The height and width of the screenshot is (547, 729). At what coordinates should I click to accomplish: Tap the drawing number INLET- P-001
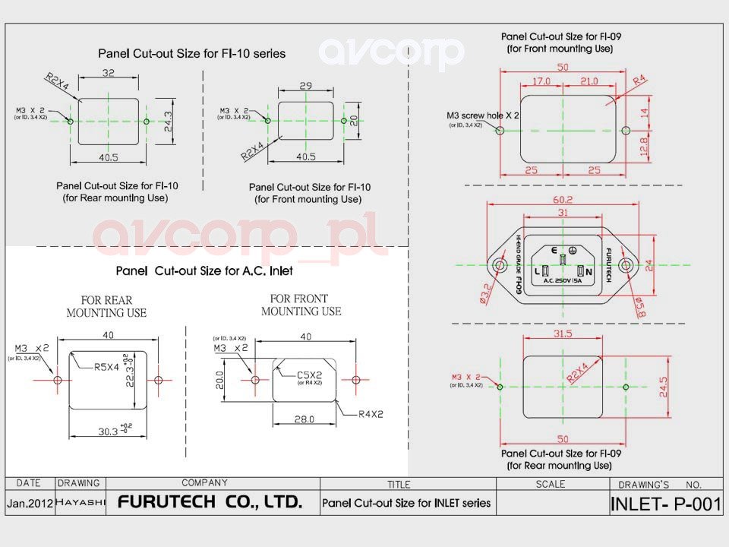click(665, 504)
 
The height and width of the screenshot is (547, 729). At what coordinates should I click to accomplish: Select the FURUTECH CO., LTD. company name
click(210, 502)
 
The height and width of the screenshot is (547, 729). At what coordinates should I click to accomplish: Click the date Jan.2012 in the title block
click(30, 503)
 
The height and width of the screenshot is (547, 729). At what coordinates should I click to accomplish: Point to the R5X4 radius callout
click(107, 367)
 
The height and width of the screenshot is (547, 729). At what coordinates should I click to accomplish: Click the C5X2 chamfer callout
click(310, 374)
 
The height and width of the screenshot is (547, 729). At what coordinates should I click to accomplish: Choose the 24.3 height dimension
click(169, 121)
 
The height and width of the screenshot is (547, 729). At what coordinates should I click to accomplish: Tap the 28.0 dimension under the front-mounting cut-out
click(305, 420)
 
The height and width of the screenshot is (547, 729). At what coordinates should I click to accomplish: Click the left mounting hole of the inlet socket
click(500, 265)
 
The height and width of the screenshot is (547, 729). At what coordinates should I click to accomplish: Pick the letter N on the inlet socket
click(589, 271)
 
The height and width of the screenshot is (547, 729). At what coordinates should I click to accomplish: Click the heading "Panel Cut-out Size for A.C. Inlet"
click(204, 270)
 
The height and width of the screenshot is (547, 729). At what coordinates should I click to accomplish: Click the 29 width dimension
click(305, 87)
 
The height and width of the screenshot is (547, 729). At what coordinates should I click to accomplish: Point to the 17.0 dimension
click(541, 81)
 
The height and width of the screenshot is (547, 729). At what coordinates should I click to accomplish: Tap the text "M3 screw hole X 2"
click(483, 115)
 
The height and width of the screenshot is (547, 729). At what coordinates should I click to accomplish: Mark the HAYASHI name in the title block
click(80, 503)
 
